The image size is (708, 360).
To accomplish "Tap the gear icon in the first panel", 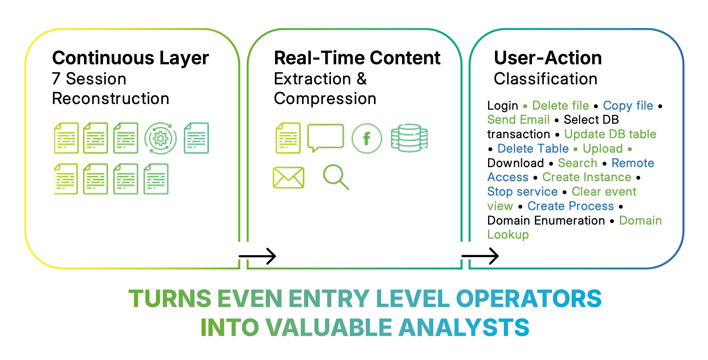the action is [160, 139].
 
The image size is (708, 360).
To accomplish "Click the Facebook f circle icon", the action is [367, 139].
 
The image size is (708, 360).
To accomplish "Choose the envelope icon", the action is [288, 178].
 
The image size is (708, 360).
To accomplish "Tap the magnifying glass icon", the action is [336, 177].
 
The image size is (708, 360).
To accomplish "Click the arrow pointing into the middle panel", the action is [257, 256].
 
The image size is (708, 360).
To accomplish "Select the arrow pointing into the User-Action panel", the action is [480, 256].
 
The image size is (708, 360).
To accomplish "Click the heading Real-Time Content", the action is [357, 58].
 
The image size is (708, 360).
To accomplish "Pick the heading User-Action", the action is [548, 58].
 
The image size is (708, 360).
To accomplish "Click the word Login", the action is [503, 106].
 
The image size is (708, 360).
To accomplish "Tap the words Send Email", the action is [518, 120].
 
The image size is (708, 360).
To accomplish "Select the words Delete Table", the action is [533, 149].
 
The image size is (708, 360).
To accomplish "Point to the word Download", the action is [515, 163].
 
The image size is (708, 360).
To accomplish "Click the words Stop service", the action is [522, 192].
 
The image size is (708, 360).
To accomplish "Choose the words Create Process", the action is [571, 206].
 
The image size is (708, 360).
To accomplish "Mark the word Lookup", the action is [508, 235].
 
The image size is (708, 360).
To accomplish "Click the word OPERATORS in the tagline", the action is [529, 299].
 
